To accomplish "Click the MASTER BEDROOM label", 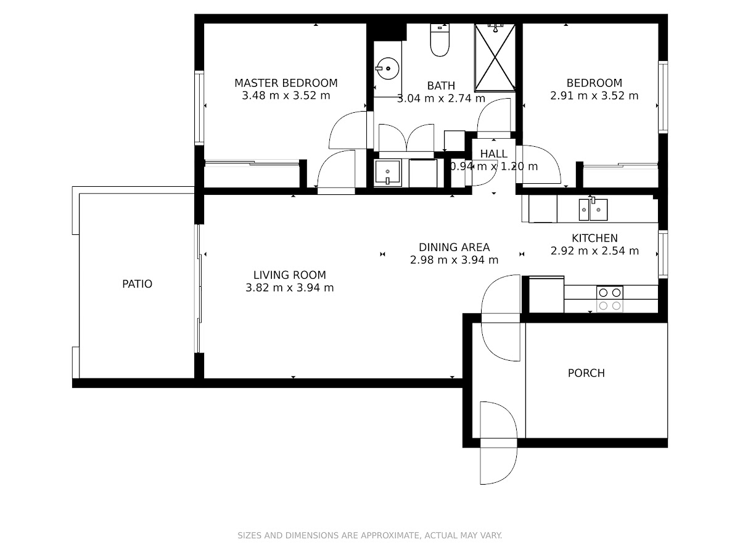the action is (x=286, y=83).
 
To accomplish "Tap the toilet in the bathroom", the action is (x=440, y=39).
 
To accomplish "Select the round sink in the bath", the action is (x=388, y=68).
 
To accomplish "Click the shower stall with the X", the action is (x=495, y=57).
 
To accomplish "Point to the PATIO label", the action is (x=138, y=284).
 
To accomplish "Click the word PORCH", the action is (x=586, y=373).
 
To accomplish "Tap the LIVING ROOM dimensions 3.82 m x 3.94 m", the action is (x=290, y=288).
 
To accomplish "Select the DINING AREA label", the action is (x=454, y=247).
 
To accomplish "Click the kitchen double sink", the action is (x=593, y=209).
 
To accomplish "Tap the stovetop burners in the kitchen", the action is (x=609, y=299).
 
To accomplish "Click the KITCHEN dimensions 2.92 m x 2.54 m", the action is (x=594, y=251).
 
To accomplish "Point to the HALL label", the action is (x=494, y=154).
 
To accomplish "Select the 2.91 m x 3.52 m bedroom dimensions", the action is (x=594, y=96).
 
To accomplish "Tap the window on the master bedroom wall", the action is (x=199, y=108).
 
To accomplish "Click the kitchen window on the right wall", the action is (x=663, y=254).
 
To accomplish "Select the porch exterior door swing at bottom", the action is (x=498, y=443).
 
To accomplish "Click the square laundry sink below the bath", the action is (x=388, y=173).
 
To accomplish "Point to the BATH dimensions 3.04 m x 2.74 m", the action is (x=441, y=99).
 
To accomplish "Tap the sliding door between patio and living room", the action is (x=199, y=289).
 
